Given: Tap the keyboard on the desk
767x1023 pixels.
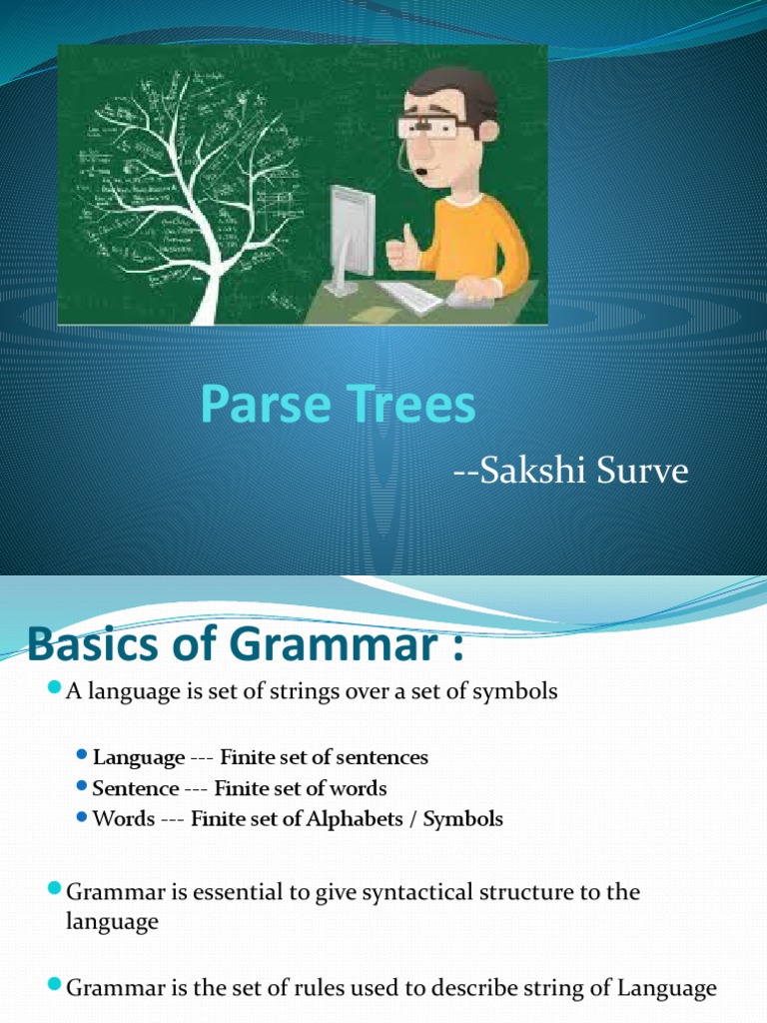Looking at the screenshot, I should tap(409, 296).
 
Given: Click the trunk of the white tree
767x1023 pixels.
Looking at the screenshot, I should tap(206, 285).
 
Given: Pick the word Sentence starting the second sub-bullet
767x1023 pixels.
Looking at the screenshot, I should tap(135, 788).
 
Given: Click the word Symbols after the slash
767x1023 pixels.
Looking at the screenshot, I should tap(463, 819).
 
